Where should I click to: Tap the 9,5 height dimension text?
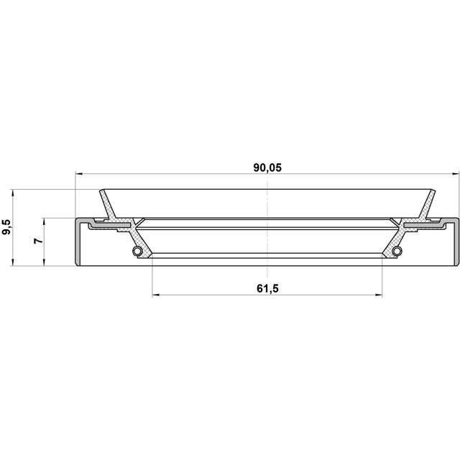7,228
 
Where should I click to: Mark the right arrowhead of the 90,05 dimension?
454,174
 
